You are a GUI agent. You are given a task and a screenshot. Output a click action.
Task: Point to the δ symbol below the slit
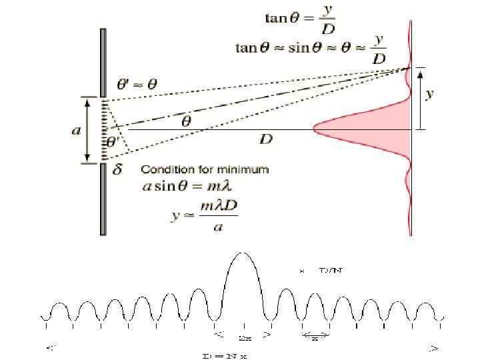pyautogui.click(x=118, y=170)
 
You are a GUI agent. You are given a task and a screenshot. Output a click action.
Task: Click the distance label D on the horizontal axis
pyautogui.click(x=265, y=139)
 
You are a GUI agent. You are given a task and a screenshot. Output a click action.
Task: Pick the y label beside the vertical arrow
pyautogui.click(x=429, y=94)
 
